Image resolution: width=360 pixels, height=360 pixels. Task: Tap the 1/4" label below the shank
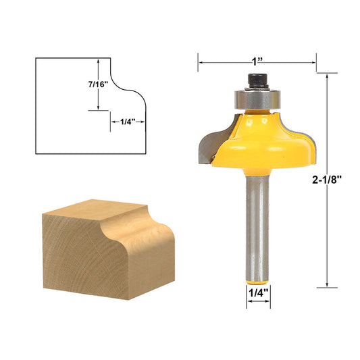257,293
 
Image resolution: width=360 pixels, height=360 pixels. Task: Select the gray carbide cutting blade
208,140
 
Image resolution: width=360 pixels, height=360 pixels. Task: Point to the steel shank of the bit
257,216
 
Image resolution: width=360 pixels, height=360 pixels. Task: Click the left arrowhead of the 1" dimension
201,62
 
